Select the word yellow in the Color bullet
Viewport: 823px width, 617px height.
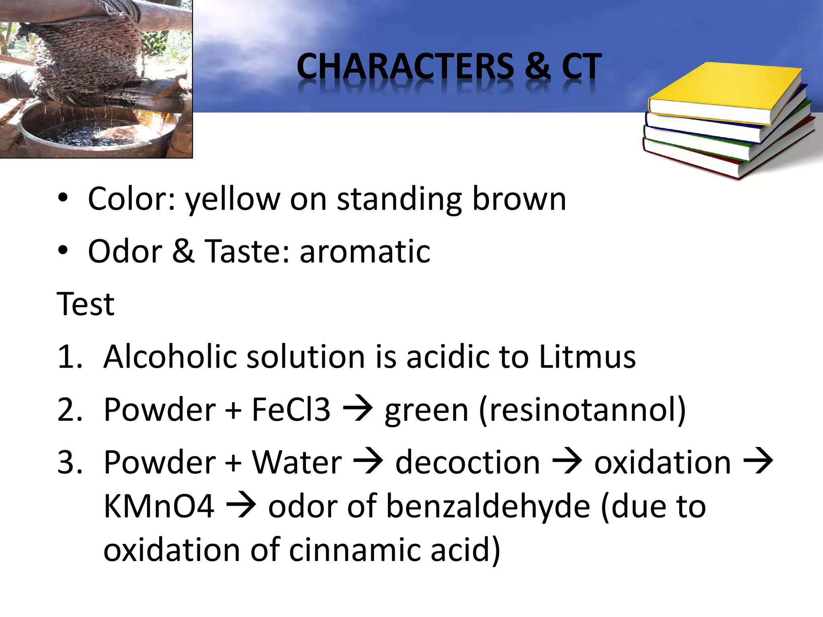tap(232, 199)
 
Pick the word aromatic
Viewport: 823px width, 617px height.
tap(364, 251)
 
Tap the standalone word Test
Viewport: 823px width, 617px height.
tap(86, 304)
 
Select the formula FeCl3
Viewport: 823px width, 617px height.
tap(291, 410)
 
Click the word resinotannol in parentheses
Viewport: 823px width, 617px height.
tap(582, 410)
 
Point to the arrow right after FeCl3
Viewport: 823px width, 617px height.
tap(357, 410)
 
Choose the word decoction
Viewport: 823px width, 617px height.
tap(467, 462)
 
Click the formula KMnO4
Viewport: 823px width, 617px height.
tap(159, 506)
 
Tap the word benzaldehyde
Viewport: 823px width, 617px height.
tap(488, 506)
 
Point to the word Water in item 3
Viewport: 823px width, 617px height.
tap(297, 462)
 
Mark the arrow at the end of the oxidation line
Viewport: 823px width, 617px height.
tap(759, 462)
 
